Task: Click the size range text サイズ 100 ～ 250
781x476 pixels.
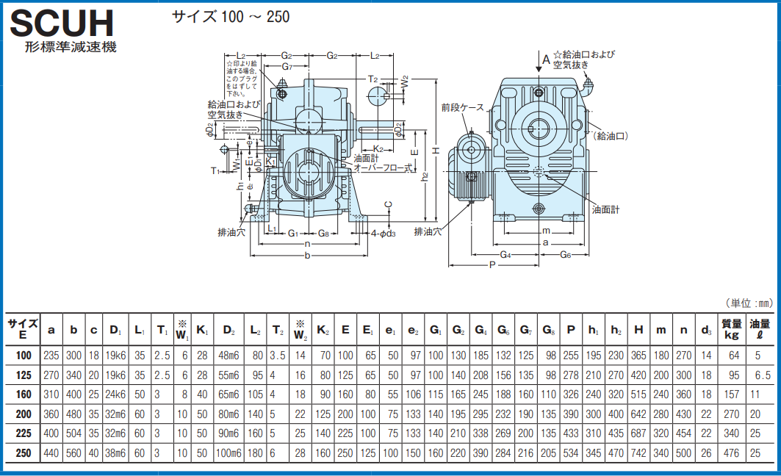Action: pyautogui.click(x=231, y=17)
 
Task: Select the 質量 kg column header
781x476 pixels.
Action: pyautogui.click(x=730, y=328)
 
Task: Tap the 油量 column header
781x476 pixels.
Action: pyautogui.click(x=760, y=328)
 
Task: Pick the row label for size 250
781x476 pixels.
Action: pyautogui.click(x=24, y=453)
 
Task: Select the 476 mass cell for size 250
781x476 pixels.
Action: pyautogui.click(x=730, y=453)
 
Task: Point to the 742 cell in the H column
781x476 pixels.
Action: pyautogui.click(x=638, y=453)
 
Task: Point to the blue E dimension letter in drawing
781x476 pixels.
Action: pyautogui.click(x=414, y=152)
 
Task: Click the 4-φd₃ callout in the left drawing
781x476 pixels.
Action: pyautogui.click(x=384, y=234)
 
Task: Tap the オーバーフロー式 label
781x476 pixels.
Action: pyautogui.click(x=384, y=167)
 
